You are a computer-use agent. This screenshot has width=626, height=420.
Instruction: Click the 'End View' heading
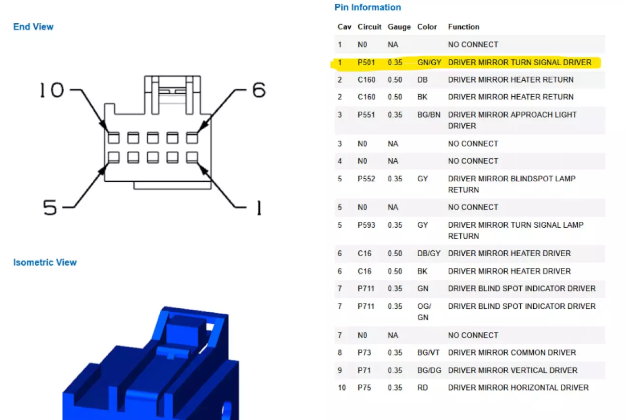(33, 27)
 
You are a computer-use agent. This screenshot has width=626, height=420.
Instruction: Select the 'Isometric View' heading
(45, 262)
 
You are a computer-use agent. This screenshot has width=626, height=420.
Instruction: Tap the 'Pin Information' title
(368, 7)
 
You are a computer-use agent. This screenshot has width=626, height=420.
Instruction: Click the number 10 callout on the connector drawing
(52, 90)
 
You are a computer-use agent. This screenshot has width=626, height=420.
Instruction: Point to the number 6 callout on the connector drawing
(259, 89)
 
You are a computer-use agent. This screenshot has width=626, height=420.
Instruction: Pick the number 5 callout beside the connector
(50, 208)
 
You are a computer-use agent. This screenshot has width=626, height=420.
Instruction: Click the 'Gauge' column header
(399, 27)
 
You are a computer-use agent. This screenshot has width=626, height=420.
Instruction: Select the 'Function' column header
(463, 27)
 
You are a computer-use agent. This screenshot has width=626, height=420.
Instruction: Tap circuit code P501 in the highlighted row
(366, 62)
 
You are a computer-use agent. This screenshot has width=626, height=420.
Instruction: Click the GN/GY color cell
(429, 62)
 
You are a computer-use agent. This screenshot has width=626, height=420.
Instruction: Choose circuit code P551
(366, 115)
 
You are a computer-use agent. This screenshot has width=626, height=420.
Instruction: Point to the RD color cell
(422, 388)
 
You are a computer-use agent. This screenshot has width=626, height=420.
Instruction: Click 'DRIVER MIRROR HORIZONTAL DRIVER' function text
(518, 388)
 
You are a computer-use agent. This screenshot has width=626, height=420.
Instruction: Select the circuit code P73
(364, 353)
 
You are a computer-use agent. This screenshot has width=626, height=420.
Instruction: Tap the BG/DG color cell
(429, 370)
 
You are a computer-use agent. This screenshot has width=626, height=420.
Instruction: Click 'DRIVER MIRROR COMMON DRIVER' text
(512, 353)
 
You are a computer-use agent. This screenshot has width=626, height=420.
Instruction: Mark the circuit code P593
(366, 225)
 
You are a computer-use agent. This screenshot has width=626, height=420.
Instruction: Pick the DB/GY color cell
(428, 253)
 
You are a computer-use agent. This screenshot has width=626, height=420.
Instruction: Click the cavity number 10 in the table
(341, 388)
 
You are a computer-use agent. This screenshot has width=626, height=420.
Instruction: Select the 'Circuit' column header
(370, 27)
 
